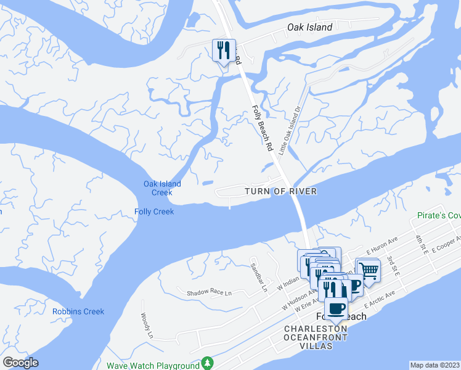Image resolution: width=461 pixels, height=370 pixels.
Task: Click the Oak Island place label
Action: point(310,27)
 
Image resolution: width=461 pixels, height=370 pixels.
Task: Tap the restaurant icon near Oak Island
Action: point(223,50)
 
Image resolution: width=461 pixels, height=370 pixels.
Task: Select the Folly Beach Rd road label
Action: point(263,129)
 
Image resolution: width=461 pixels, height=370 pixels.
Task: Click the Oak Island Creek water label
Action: point(162,188)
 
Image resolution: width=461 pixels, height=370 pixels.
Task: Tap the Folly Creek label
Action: point(154,212)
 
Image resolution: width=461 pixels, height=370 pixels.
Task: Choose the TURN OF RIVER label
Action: point(280,192)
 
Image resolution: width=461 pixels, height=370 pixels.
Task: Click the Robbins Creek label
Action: point(78,311)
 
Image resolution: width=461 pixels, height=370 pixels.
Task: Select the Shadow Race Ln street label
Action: point(209,292)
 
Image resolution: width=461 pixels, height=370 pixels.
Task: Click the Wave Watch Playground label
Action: point(153,365)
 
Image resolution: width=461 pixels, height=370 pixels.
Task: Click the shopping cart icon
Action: point(368,269)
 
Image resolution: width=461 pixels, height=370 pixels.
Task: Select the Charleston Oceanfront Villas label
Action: point(315,337)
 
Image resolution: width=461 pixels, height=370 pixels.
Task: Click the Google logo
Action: point(20,363)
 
